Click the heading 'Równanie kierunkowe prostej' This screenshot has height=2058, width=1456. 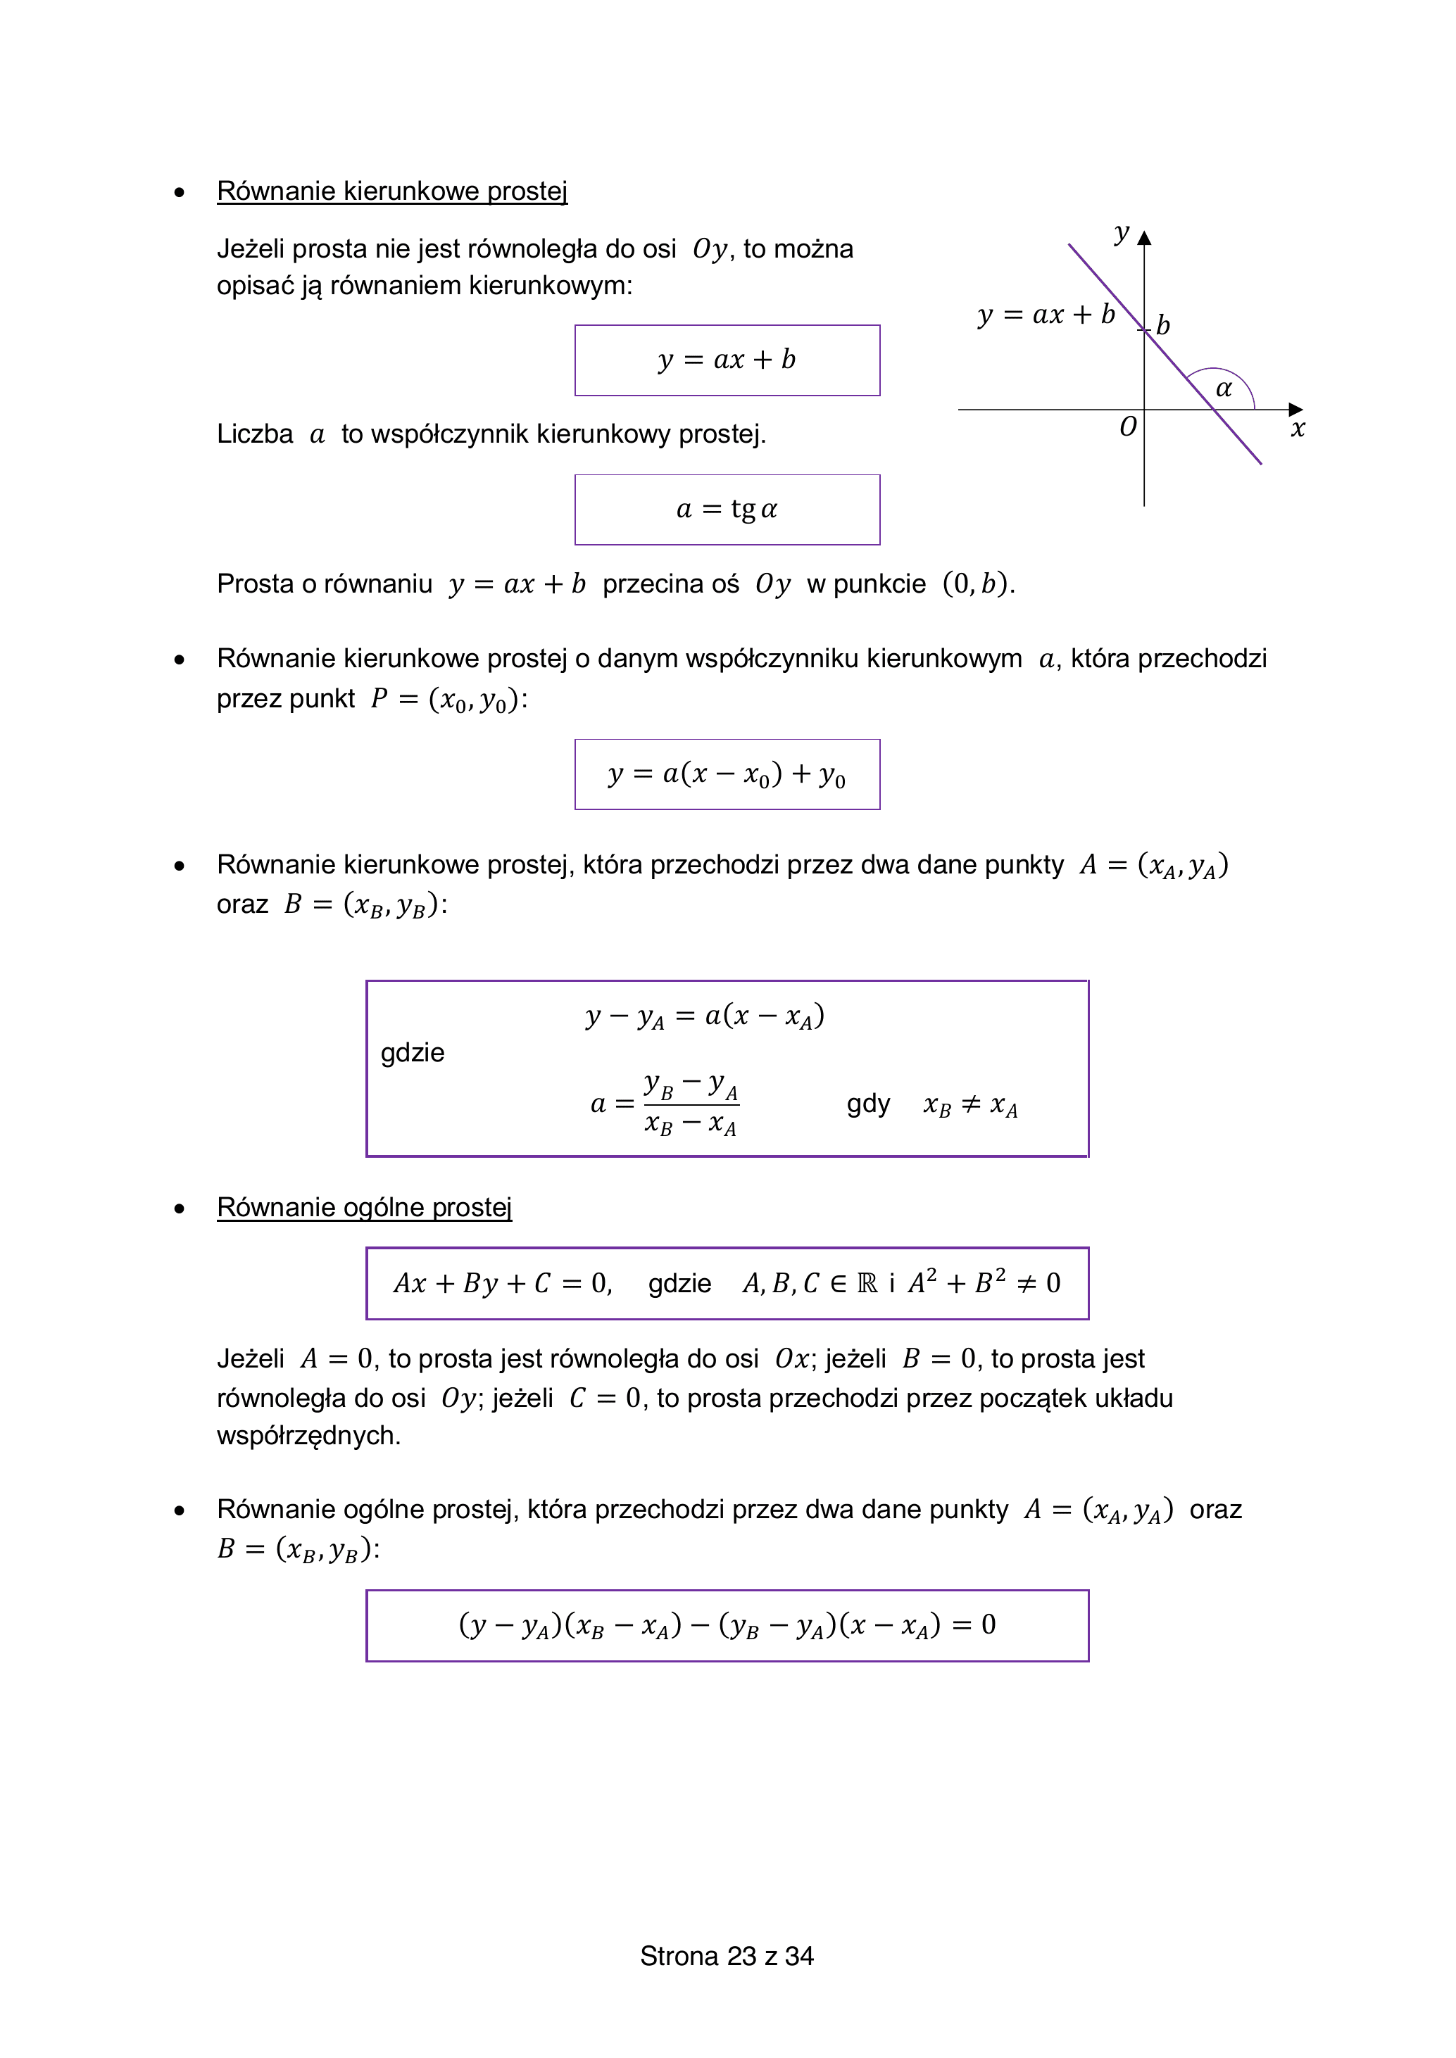(391, 191)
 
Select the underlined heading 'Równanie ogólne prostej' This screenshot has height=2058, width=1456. (364, 1207)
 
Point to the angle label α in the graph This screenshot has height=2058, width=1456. (1224, 388)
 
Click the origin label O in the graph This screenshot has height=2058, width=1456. (1128, 427)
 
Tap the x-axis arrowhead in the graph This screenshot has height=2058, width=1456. (1295, 410)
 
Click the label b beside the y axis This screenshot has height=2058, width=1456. (1163, 324)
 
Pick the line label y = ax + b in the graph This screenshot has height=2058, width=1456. (1046, 315)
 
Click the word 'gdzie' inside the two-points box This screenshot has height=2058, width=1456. (413, 1052)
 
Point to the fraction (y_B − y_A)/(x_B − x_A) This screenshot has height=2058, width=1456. (691, 1104)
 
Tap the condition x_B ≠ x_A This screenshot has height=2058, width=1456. (970, 1105)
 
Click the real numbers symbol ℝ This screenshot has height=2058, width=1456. (867, 1284)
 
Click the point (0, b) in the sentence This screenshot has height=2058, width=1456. (977, 584)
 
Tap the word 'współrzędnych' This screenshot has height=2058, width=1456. (308, 1435)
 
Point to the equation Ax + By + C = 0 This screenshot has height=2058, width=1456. (502, 1284)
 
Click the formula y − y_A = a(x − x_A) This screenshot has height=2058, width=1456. (705, 1016)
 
